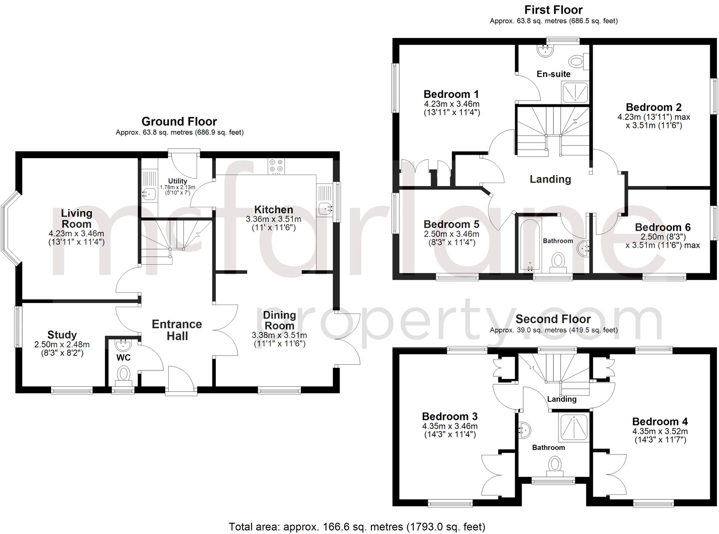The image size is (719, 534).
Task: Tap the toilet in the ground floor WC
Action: coord(124,374)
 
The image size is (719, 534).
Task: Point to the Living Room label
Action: coord(76,218)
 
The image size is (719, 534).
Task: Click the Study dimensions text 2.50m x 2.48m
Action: coord(62,344)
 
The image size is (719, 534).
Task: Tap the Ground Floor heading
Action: coord(179,121)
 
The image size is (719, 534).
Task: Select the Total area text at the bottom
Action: coord(357,527)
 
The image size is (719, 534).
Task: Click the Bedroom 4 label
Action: coord(659,422)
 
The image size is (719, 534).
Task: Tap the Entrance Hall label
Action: coord(177,330)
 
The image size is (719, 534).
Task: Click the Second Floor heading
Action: coord(553,319)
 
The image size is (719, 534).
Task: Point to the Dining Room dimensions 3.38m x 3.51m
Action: coord(279,335)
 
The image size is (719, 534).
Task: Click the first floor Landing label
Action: coord(550,179)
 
